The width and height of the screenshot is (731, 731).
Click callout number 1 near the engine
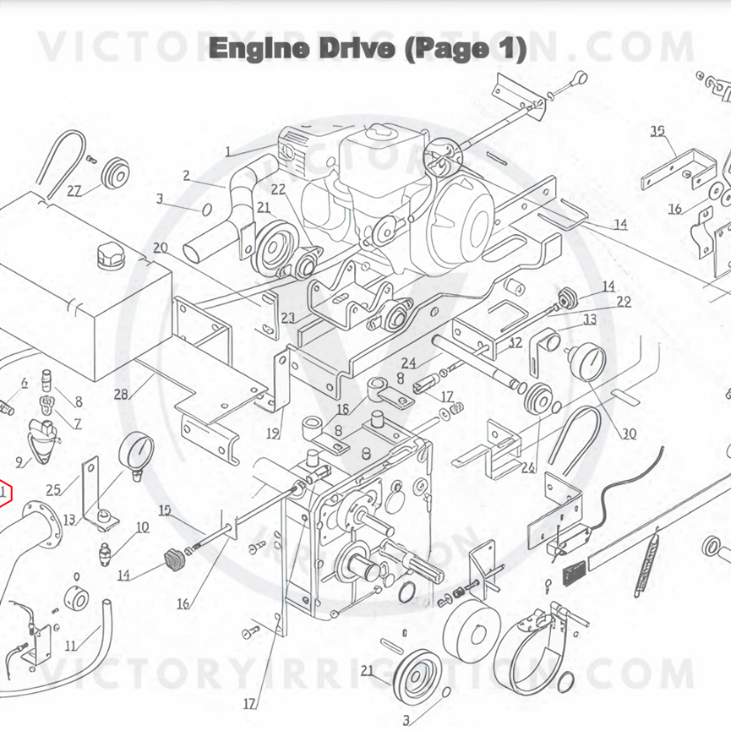click(x=228, y=152)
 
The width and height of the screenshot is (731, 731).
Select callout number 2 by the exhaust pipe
click(x=187, y=177)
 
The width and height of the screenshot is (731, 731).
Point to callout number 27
click(x=74, y=191)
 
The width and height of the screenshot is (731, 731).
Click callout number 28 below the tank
click(x=121, y=395)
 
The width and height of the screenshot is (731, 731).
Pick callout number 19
click(x=273, y=434)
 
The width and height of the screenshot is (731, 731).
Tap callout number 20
click(x=161, y=248)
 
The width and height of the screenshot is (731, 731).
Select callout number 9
click(x=19, y=461)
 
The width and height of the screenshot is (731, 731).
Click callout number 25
click(x=54, y=488)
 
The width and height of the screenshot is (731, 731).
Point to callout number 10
click(x=142, y=527)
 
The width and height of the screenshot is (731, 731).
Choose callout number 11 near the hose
click(x=71, y=646)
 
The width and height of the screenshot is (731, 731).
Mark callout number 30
click(x=629, y=434)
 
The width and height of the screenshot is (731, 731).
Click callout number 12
click(x=516, y=343)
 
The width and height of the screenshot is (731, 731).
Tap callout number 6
click(x=24, y=383)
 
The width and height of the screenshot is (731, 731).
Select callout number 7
click(x=77, y=423)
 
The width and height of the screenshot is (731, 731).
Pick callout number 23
click(x=288, y=319)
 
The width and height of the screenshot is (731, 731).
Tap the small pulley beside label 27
click(x=112, y=174)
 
